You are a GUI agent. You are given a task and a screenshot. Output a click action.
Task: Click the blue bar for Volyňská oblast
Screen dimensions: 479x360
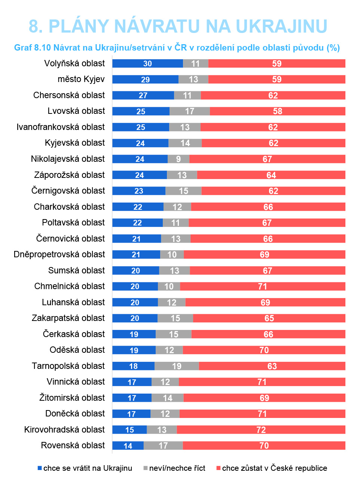tap(147, 64)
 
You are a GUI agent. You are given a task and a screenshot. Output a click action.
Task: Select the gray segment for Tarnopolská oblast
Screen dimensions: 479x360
tap(177, 366)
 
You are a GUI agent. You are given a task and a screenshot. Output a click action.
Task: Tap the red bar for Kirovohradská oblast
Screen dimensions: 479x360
tap(261, 430)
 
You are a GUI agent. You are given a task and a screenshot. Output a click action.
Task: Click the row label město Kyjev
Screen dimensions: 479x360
tap(81, 79)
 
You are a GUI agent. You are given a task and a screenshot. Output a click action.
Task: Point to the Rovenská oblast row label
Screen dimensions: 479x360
tap(73, 446)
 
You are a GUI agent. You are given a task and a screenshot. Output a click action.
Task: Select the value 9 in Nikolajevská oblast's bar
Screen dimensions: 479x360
tap(179, 159)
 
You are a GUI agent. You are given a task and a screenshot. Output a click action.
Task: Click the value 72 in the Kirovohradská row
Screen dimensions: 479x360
tap(261, 430)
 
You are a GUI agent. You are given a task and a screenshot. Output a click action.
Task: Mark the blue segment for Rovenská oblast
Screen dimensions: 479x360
tap(128, 446)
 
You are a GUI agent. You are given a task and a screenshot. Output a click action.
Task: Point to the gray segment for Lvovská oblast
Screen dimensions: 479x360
tap(190, 111)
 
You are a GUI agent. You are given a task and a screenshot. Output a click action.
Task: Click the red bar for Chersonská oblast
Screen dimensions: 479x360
tap(273, 96)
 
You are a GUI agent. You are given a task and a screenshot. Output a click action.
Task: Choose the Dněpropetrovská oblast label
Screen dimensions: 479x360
tap(59, 255)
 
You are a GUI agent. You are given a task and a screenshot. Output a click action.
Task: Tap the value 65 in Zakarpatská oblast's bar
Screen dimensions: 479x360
tap(269, 318)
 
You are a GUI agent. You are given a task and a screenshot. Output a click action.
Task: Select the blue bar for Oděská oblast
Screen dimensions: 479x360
tap(134, 350)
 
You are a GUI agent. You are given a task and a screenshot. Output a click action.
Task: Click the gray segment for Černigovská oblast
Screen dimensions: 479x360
tap(183, 191)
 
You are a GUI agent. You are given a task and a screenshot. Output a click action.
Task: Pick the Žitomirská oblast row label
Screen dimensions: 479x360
tap(72, 398)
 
